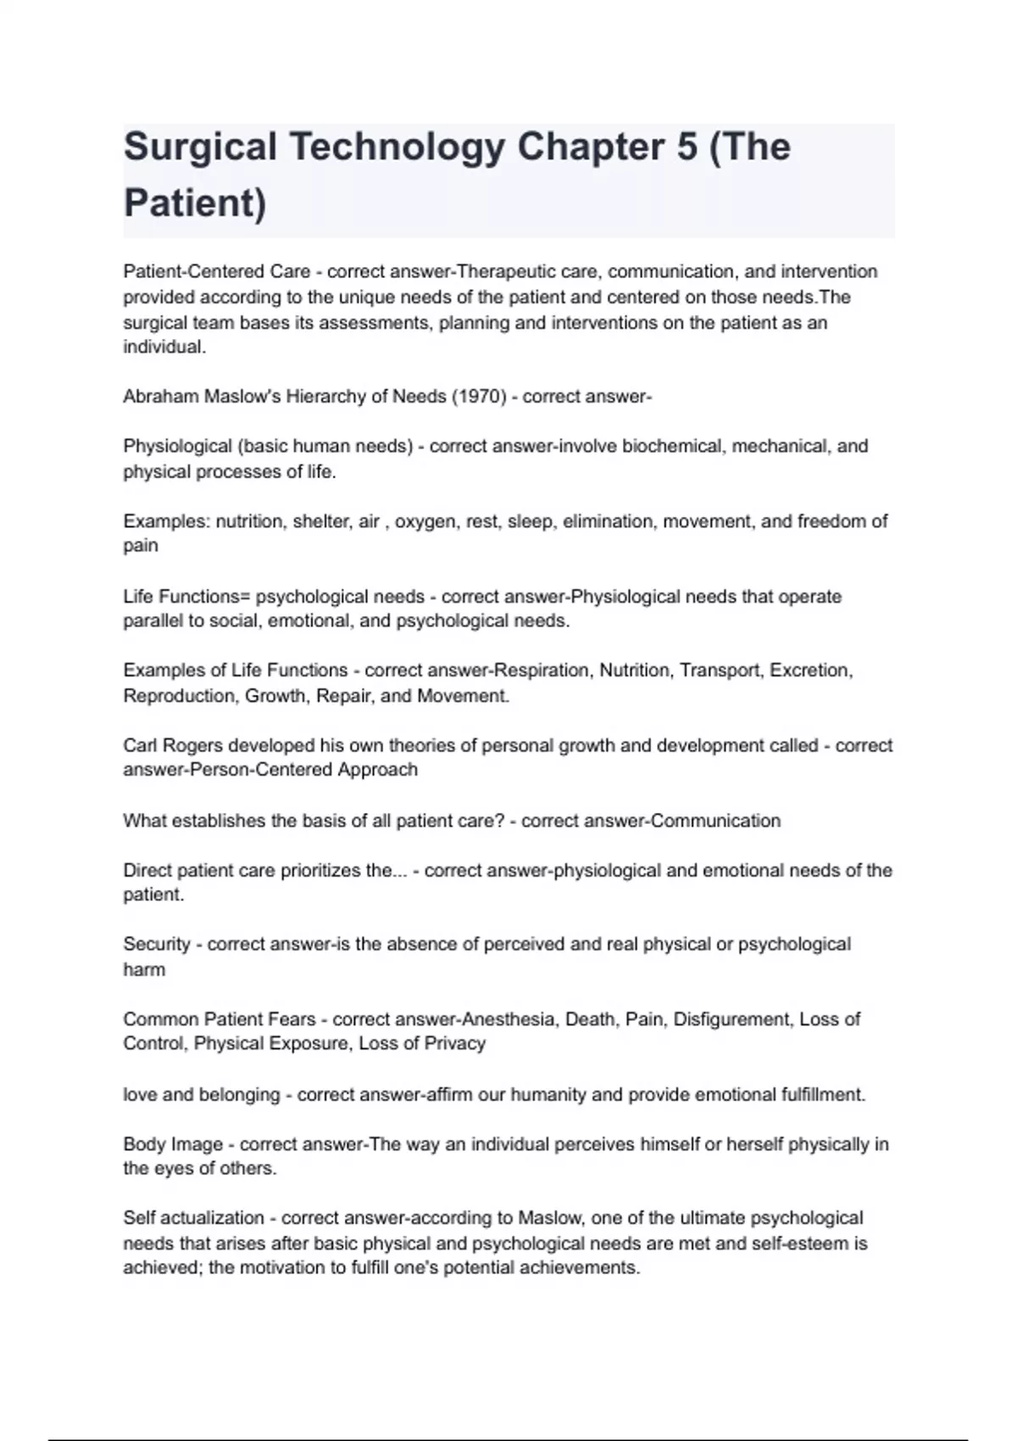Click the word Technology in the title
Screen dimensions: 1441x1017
tap(397, 147)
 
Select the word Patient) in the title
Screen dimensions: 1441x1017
tap(195, 203)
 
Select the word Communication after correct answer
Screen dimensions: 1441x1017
tap(715, 821)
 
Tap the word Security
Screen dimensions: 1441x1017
tap(157, 944)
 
